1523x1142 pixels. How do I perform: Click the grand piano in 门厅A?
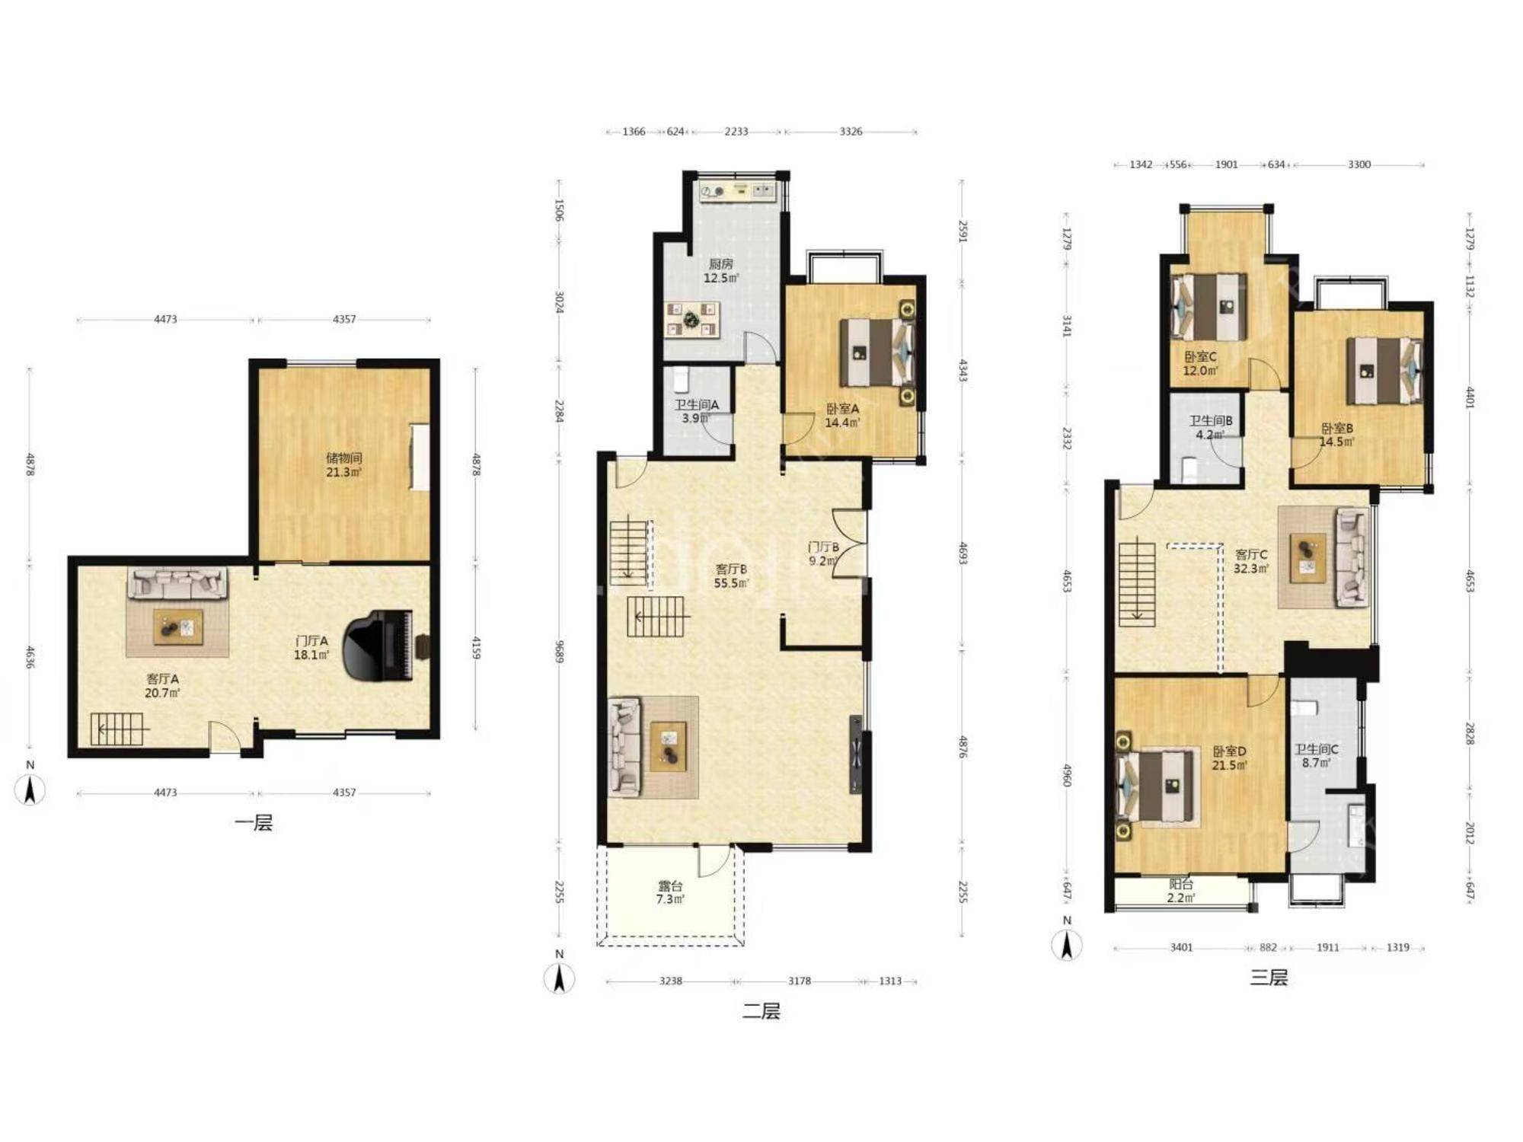click(x=378, y=646)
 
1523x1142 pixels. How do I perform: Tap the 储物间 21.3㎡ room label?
click(x=343, y=465)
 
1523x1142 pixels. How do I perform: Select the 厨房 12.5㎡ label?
click(x=720, y=271)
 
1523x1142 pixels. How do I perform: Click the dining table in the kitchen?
click(x=692, y=319)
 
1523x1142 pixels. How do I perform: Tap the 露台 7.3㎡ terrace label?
click(x=670, y=892)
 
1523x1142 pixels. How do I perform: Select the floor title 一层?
click(x=254, y=823)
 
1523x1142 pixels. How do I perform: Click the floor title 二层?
click(x=761, y=1011)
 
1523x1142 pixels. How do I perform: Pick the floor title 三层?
click(x=1269, y=978)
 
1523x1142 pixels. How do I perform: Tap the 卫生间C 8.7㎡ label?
click(x=1317, y=755)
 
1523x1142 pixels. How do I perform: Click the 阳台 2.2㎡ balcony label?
click(x=1181, y=891)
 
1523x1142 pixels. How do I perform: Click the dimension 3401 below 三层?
click(x=1181, y=947)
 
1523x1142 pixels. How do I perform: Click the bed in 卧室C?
click(x=1211, y=307)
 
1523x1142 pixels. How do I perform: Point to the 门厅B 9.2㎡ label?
click(x=823, y=553)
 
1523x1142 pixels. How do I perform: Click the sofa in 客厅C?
click(x=1352, y=557)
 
